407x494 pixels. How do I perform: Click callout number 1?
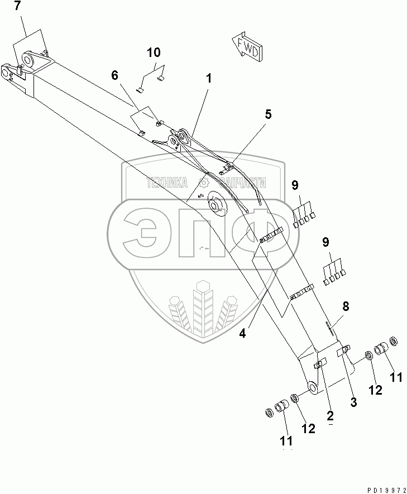(208, 79)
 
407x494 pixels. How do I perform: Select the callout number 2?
(331, 415)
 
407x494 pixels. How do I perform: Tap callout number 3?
(353, 401)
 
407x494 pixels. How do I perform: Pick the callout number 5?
(268, 114)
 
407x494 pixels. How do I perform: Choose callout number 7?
(17, 7)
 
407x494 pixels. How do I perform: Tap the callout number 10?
(154, 53)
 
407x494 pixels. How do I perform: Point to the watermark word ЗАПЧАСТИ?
(240, 183)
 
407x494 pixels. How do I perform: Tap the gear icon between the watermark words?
(203, 182)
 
